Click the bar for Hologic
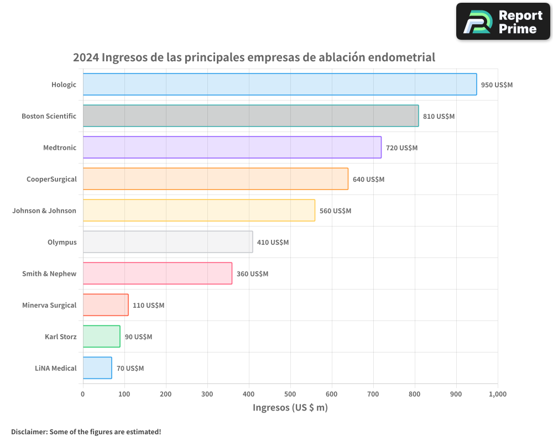[x=279, y=85]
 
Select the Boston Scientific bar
[x=251, y=116]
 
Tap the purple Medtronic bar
[x=232, y=148]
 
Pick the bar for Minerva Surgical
[x=106, y=305]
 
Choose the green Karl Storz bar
[x=101, y=336]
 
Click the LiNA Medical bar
[x=97, y=368]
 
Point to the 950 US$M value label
[x=497, y=85]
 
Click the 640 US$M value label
[x=368, y=180]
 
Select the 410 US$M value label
[x=273, y=243]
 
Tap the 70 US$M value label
[x=130, y=369]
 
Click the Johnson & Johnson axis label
[x=44, y=211]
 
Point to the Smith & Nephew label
[x=49, y=273]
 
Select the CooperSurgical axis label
[x=51, y=179]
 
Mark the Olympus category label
[x=62, y=242]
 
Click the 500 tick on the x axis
[x=290, y=394]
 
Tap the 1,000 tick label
[x=497, y=394]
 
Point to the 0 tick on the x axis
[x=83, y=394]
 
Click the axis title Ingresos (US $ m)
[x=290, y=408]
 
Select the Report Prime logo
[x=503, y=22]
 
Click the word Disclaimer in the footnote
[x=28, y=432]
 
